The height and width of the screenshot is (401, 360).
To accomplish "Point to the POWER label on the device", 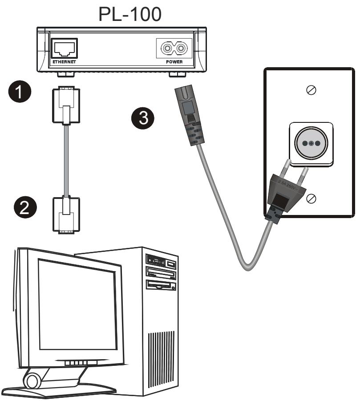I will pos(174,62).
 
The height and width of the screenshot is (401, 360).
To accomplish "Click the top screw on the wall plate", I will pos(312,89).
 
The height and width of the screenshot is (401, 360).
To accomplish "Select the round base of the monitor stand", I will pos(31,381).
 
